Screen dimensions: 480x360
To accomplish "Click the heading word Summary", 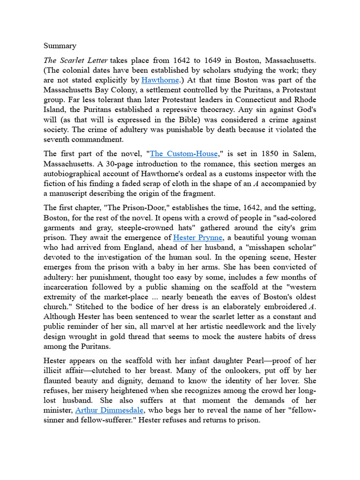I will point(60,46).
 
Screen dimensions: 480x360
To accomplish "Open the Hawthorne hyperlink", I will point(160,80).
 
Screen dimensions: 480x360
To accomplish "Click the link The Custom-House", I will point(184,153).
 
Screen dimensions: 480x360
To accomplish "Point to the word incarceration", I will point(69,287).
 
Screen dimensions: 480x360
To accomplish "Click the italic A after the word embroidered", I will point(311,307).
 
